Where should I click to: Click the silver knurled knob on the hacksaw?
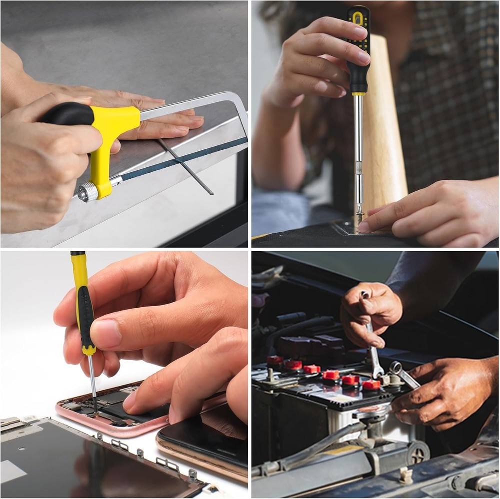click(88, 192)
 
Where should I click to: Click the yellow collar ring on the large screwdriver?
click(358, 93)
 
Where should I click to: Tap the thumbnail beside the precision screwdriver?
click(106, 334)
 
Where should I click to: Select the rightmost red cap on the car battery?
click(371, 385)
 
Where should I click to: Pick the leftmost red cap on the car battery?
click(274, 360)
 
